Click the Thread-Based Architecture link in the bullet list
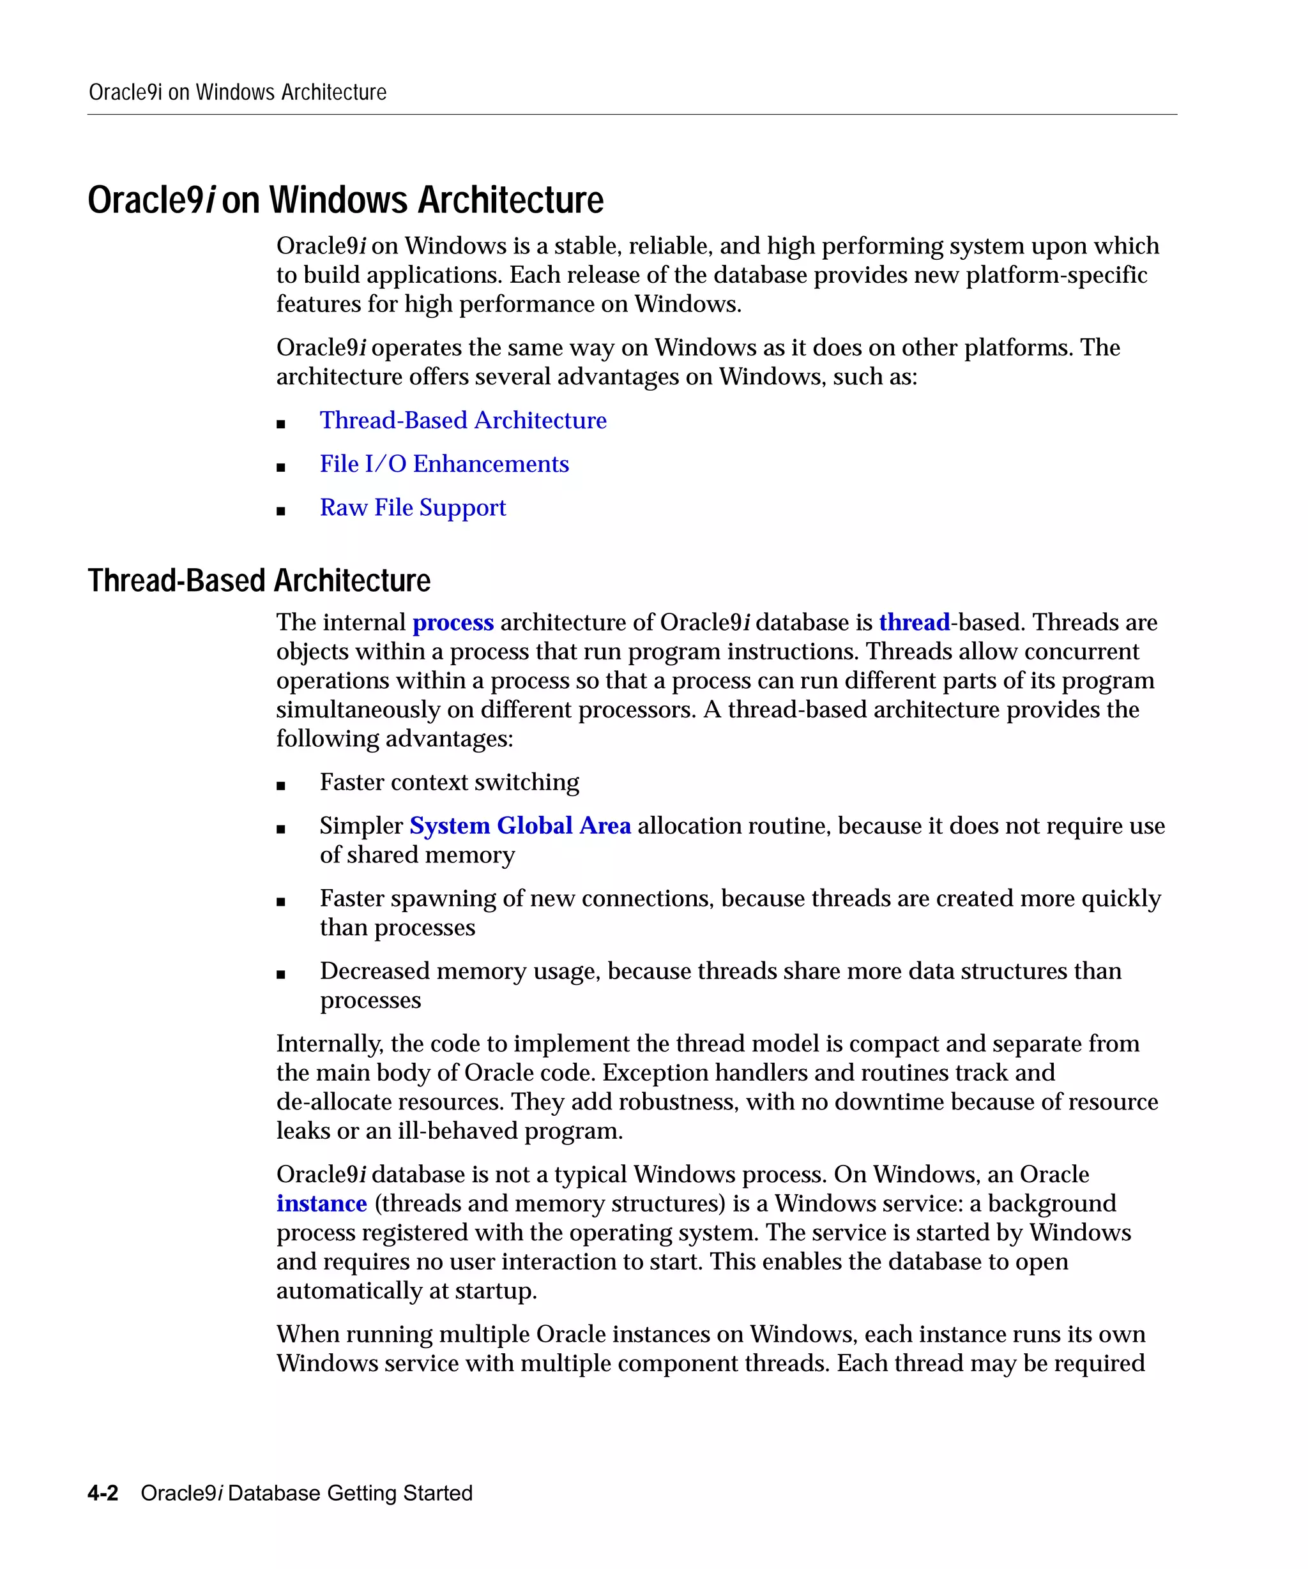point(462,421)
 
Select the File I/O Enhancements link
point(444,464)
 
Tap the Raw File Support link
point(413,507)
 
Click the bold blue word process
point(453,622)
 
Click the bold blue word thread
point(913,622)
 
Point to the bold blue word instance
point(321,1204)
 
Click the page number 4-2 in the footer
point(103,1493)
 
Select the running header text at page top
point(238,93)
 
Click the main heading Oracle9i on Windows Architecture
point(346,200)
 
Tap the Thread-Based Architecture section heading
point(259,580)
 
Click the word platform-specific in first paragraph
point(1056,275)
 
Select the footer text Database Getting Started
point(350,1493)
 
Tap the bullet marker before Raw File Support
point(281,512)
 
